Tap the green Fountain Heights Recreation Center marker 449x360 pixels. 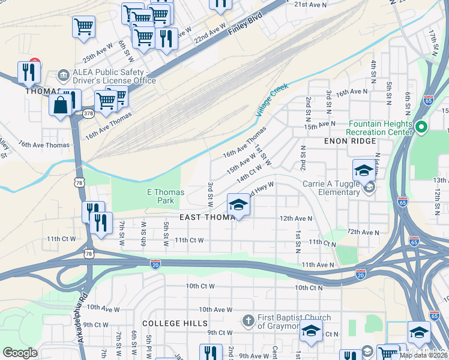coord(421,127)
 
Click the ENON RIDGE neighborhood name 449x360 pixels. coord(349,141)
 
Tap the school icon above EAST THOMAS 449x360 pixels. coord(238,205)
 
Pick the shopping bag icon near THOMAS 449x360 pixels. coord(61,106)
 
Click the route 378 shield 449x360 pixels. coord(88,113)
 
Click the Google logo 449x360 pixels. coord(20,353)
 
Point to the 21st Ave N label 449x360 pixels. coord(310,4)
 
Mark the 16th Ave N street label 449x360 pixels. coord(352,92)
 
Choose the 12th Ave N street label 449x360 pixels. coord(296,219)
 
